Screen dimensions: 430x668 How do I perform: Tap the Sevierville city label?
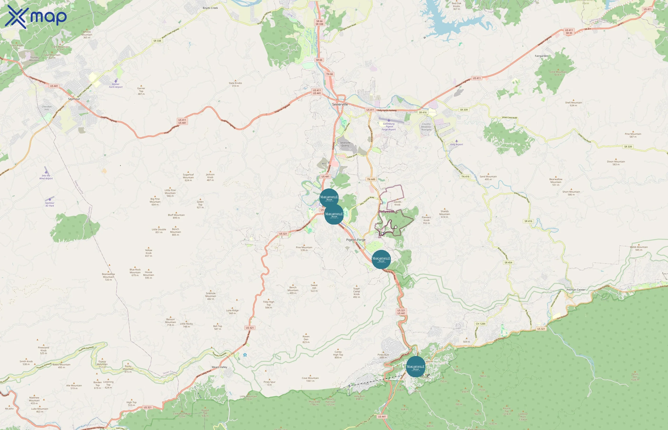340,104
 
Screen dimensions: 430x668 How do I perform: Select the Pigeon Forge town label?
355,240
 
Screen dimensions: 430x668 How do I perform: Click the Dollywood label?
386,212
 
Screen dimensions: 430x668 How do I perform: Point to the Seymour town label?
74,99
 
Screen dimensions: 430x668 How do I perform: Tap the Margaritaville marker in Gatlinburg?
415,367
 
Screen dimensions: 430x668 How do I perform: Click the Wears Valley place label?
219,367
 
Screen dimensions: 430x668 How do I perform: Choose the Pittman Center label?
576,290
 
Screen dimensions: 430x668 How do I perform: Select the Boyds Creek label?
210,8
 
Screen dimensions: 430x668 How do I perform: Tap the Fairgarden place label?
541,56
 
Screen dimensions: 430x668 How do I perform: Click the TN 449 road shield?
371,179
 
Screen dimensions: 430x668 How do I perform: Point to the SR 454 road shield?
508,263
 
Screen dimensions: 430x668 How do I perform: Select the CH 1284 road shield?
480,324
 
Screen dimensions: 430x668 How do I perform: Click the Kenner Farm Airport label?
116,86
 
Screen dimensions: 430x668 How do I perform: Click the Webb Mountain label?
639,248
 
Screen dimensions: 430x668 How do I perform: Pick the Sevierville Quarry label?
345,144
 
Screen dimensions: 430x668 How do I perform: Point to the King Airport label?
456,144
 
